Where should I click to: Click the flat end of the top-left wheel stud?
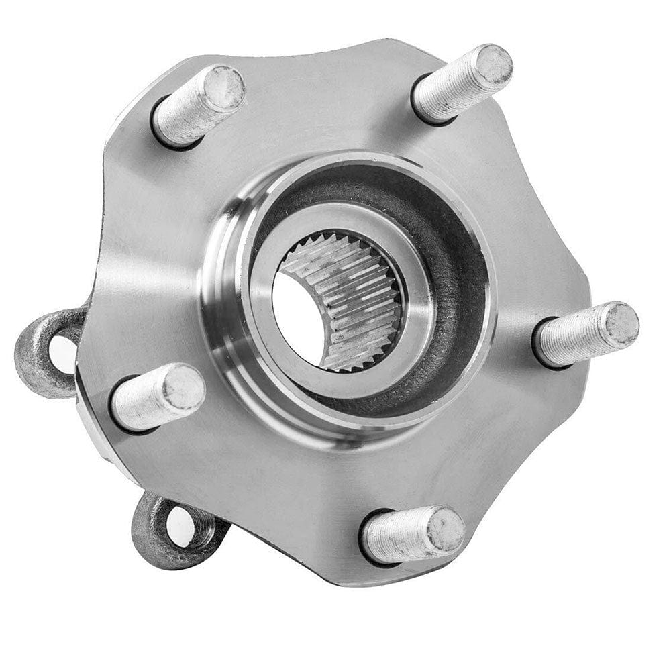224,89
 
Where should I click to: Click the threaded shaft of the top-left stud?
185,115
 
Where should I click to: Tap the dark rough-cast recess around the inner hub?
450,268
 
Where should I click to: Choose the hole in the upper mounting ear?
64,352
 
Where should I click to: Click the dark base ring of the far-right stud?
541,352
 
